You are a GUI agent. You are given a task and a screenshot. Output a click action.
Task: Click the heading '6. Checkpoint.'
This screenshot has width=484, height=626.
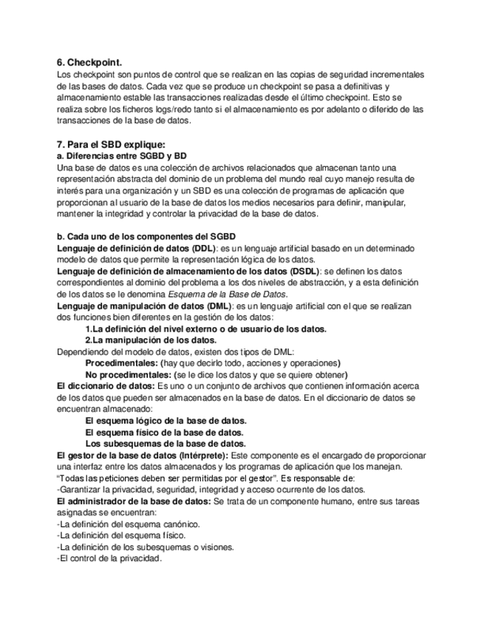(x=89, y=63)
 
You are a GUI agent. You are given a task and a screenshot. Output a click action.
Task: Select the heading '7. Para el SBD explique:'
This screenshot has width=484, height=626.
(x=111, y=143)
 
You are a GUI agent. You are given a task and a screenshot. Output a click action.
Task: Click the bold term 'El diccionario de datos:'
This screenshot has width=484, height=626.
(x=106, y=386)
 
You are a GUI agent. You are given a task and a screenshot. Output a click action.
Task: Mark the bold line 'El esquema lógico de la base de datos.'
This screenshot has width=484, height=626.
(x=166, y=421)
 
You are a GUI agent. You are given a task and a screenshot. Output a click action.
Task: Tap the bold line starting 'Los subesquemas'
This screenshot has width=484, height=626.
(x=166, y=444)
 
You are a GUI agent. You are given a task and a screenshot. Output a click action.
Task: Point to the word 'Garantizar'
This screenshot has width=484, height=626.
(x=81, y=489)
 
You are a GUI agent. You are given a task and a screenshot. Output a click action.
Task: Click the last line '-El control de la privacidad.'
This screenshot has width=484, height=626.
(x=109, y=559)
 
